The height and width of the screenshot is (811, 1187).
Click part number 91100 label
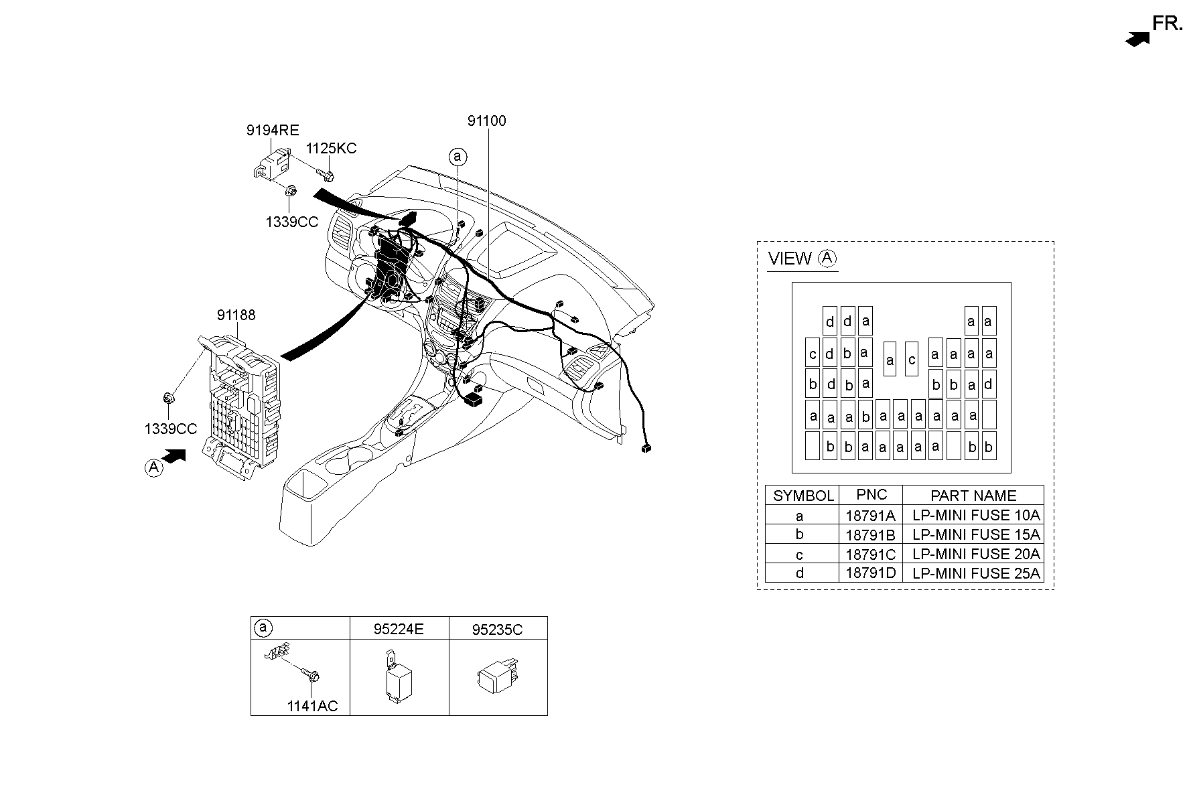click(486, 121)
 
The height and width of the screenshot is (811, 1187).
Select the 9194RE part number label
click(272, 131)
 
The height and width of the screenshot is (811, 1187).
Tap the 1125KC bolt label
click(331, 149)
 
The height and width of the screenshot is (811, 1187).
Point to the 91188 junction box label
click(236, 315)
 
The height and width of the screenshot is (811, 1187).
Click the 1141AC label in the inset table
click(312, 706)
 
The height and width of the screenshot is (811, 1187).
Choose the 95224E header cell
click(399, 630)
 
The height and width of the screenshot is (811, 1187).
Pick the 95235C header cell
click(497, 630)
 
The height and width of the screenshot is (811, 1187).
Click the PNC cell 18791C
click(870, 555)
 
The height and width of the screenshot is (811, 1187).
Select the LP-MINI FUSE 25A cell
click(975, 573)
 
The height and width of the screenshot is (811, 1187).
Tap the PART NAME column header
click(973, 496)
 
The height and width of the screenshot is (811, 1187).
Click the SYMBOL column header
click(802, 496)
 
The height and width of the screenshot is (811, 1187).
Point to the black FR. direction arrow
click(1137, 40)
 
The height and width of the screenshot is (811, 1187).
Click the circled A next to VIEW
click(828, 258)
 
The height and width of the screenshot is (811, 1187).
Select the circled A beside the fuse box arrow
click(154, 467)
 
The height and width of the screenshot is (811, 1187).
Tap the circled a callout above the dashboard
click(458, 157)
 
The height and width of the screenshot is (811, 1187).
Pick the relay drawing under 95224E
click(397, 678)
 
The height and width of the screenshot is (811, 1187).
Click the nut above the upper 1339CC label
click(291, 192)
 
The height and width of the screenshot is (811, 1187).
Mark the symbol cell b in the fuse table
click(800, 534)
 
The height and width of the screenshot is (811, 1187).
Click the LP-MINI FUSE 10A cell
click(975, 515)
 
